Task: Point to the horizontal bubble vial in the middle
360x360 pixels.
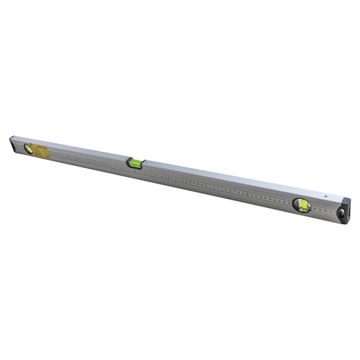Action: (134, 163)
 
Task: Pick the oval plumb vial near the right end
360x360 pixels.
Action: (302, 205)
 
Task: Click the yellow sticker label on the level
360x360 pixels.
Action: (40, 150)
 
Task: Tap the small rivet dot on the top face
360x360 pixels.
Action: (325, 197)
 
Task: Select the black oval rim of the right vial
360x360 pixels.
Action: (294, 204)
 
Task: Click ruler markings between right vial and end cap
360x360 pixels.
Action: (323, 209)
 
